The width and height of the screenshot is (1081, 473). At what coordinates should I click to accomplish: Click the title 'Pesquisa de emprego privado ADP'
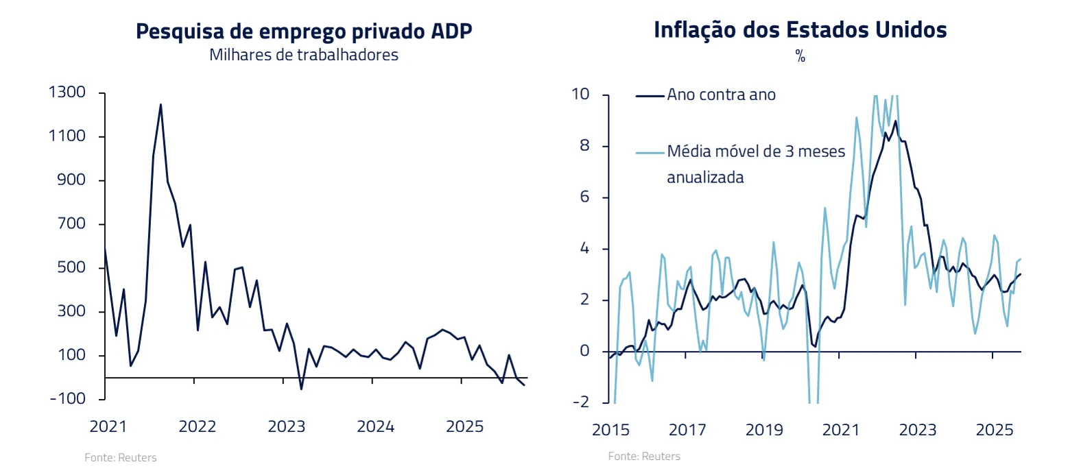(x=304, y=32)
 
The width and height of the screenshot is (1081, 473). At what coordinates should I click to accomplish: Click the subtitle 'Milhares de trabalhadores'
(x=304, y=56)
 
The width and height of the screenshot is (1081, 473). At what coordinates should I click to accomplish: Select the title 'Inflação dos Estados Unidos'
(x=800, y=30)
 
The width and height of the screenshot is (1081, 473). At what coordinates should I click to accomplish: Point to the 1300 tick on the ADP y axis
(x=67, y=92)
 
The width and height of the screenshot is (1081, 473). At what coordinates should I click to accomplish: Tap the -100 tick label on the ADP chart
(x=67, y=398)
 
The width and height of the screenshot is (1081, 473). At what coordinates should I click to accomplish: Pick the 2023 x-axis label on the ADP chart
(x=286, y=426)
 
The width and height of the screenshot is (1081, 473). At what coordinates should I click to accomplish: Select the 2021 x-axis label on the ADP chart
(x=108, y=426)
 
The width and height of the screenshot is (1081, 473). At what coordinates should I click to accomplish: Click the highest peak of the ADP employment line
(x=161, y=105)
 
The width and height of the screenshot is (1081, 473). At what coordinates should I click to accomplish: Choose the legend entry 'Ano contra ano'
(x=721, y=95)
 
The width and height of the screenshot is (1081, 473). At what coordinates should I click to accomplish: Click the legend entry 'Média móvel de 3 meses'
(x=756, y=151)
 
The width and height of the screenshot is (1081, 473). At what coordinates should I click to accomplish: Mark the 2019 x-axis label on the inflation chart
(x=764, y=430)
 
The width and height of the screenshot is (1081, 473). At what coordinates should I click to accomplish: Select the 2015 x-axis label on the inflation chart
(x=610, y=430)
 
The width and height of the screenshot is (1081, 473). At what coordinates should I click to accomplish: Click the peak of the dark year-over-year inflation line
(x=895, y=121)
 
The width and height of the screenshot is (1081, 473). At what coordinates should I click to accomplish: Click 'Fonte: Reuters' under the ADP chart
(x=121, y=457)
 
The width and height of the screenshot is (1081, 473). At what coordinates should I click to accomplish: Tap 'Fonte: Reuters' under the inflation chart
(x=644, y=456)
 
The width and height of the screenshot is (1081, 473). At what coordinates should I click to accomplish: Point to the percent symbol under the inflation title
(x=800, y=56)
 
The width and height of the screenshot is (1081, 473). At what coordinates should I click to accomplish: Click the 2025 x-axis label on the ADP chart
(x=464, y=426)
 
